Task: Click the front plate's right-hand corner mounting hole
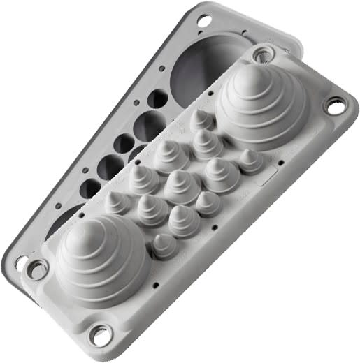pyautogui.click(x=333, y=108)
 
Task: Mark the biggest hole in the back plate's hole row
pyautogui.click(x=151, y=125)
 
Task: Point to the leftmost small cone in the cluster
pyautogui.click(x=114, y=203)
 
